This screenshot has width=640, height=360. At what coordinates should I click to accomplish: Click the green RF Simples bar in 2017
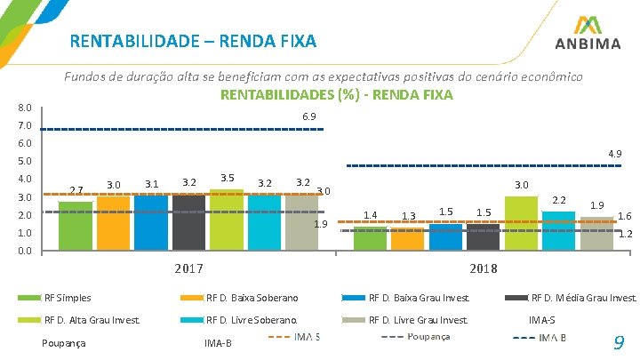[76, 226]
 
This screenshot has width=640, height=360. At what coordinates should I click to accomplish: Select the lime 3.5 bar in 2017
[227, 220]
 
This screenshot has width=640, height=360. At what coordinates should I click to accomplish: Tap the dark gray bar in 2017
[188, 222]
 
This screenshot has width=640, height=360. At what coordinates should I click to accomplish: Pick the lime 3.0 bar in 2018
[521, 223]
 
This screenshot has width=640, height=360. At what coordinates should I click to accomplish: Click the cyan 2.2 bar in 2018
[558, 230]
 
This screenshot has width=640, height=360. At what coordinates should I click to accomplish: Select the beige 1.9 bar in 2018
[596, 233]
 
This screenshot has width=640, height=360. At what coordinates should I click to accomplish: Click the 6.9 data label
[309, 116]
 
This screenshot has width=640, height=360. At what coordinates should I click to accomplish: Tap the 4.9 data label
[613, 154]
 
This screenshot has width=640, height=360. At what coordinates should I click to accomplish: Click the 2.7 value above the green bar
[76, 190]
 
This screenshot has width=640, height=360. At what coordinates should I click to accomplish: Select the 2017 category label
[188, 268]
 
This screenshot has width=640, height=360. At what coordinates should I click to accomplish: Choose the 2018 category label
[484, 268]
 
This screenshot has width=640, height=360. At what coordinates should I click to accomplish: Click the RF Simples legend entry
[68, 297]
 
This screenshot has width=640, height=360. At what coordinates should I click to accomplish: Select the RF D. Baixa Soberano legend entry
[252, 297]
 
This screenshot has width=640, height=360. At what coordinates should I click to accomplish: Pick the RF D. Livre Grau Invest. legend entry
[419, 320]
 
